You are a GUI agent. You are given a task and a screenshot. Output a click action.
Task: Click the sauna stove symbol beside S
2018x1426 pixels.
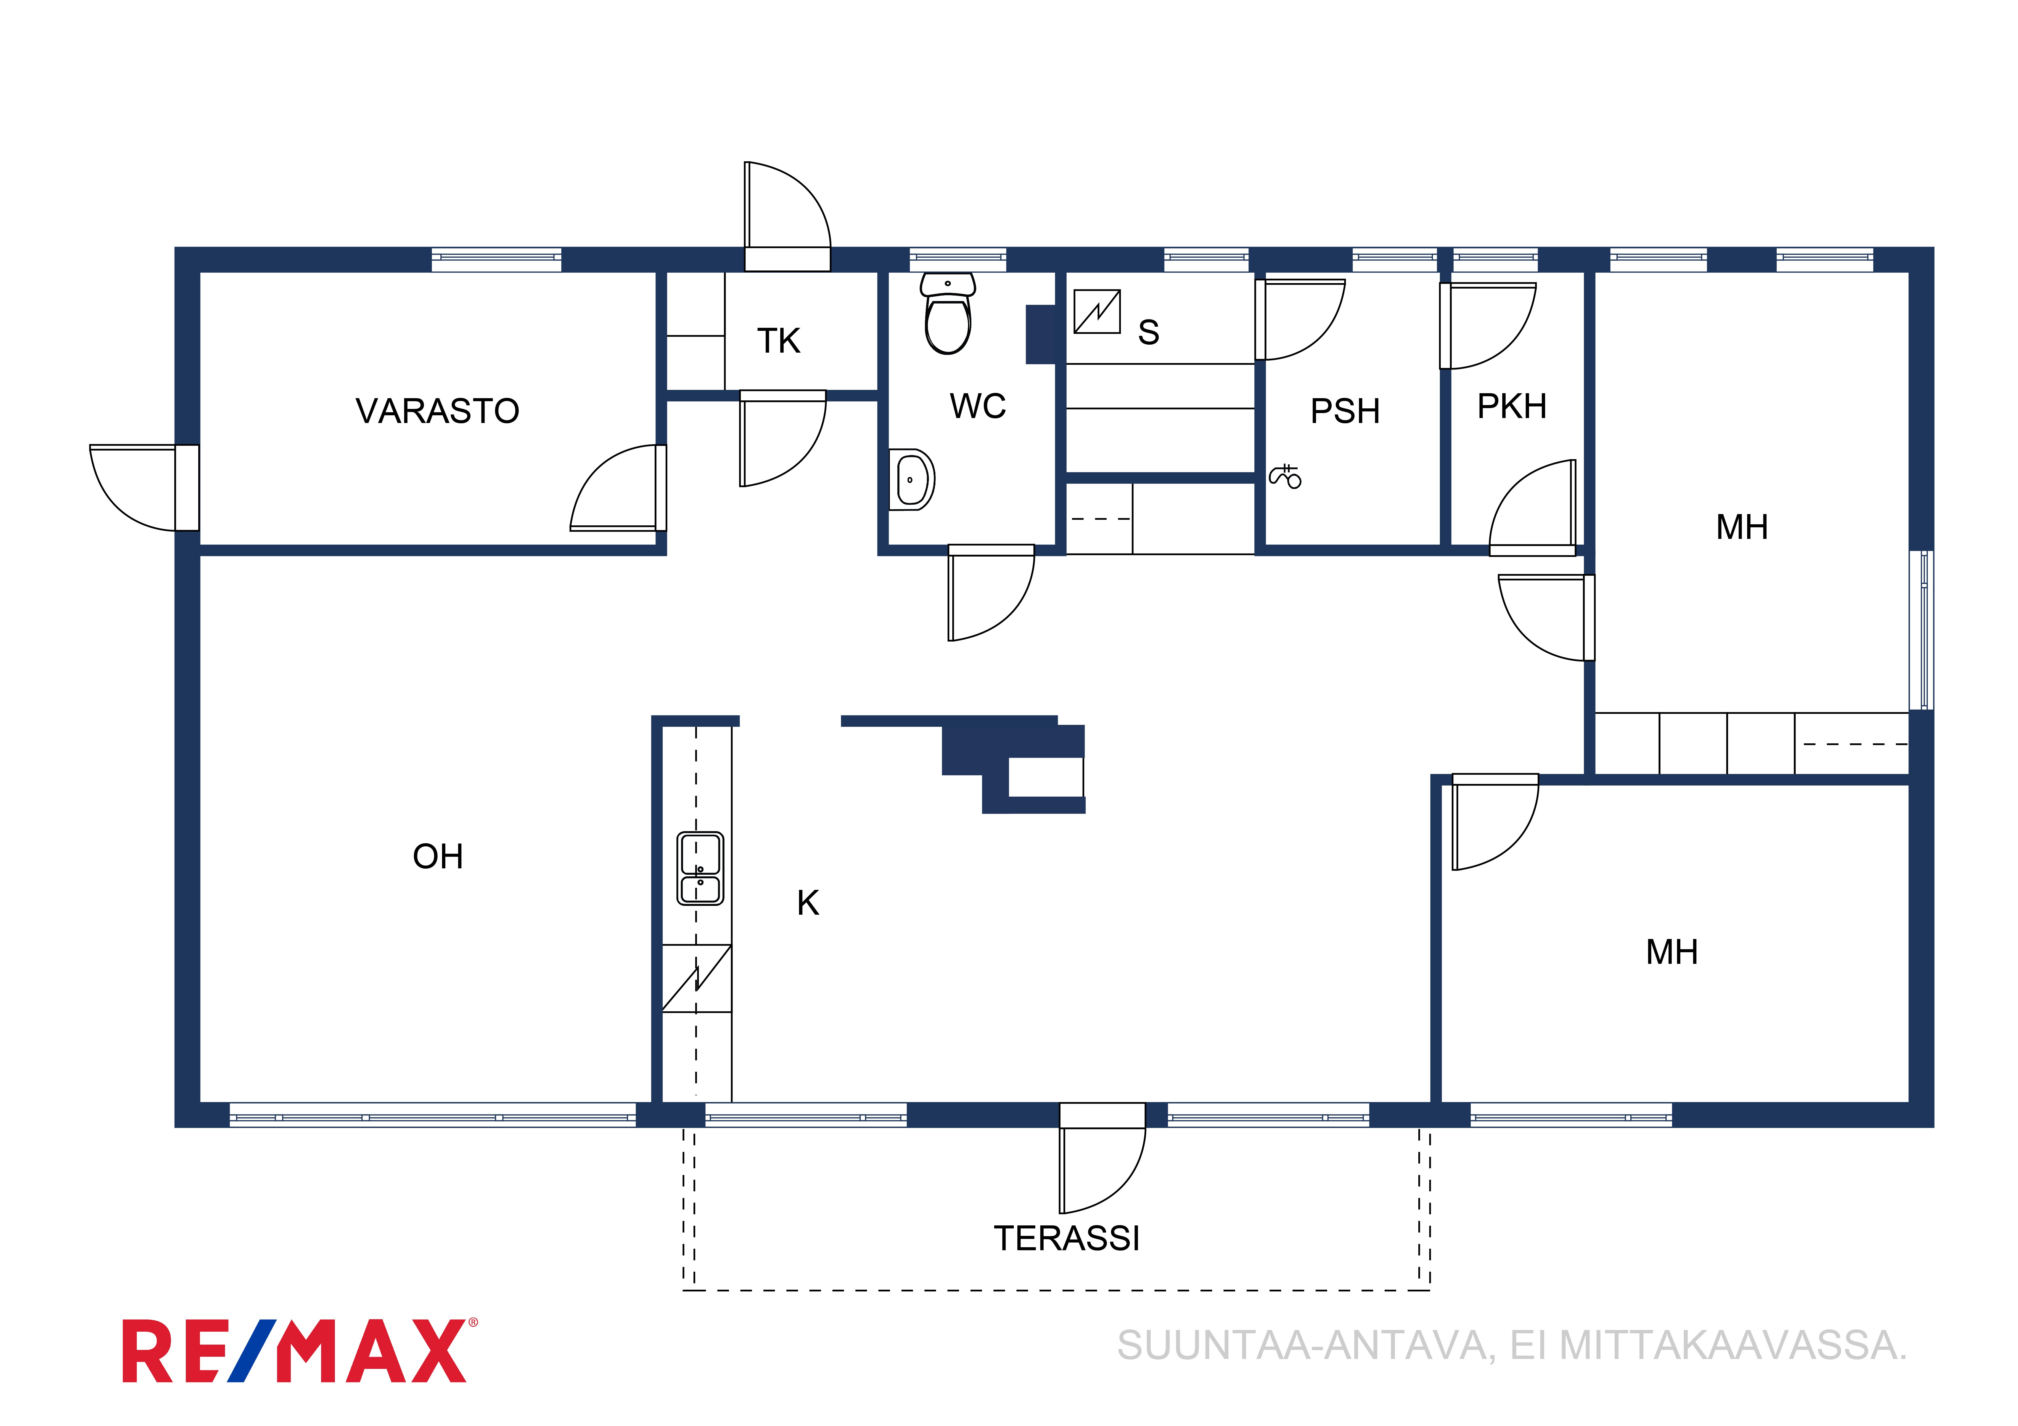click(x=1097, y=312)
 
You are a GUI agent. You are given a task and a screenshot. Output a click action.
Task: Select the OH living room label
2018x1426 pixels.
click(x=438, y=857)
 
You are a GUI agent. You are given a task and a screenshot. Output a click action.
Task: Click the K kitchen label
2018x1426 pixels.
click(x=808, y=903)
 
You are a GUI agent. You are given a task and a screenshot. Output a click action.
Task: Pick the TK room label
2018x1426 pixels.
click(x=779, y=341)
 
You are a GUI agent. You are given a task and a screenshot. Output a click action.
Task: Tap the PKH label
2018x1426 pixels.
click(x=1512, y=407)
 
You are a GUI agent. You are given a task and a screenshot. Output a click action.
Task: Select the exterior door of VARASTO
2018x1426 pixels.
click(x=144, y=488)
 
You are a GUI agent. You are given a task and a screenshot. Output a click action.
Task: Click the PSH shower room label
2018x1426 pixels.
click(x=1345, y=411)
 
